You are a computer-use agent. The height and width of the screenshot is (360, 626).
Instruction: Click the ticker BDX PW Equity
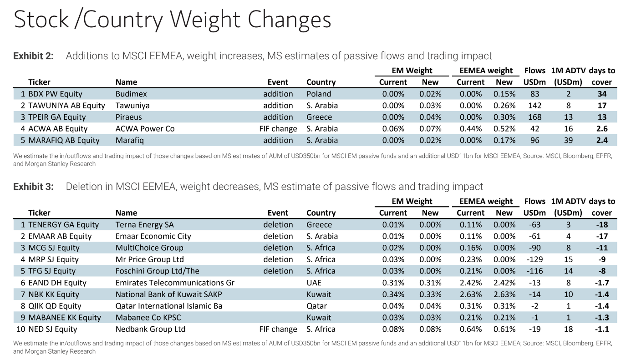(x=55, y=94)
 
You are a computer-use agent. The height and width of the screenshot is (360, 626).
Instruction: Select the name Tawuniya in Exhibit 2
(x=132, y=106)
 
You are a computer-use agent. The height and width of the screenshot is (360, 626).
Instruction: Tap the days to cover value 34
(x=602, y=94)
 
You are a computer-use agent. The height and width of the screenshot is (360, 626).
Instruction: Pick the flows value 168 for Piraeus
(x=534, y=117)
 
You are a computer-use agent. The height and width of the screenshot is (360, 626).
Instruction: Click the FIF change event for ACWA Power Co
(x=278, y=129)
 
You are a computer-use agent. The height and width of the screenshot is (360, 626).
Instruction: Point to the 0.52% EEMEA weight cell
(x=504, y=129)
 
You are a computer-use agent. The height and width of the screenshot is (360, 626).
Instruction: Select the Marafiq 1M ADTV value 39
(x=568, y=140)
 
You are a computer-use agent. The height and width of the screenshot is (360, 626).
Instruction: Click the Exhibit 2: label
(x=33, y=56)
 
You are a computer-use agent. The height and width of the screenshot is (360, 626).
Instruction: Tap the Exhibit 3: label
(x=33, y=187)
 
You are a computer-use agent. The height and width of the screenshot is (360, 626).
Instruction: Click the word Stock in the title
(x=41, y=20)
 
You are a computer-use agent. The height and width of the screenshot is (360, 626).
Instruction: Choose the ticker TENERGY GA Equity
(x=63, y=224)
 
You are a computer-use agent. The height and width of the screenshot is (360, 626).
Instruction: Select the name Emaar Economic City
(x=153, y=236)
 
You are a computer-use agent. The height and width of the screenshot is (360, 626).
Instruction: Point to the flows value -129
(x=534, y=259)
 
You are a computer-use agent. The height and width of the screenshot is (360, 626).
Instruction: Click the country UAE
(x=314, y=283)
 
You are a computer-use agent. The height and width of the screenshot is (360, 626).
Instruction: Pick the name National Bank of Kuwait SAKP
(x=169, y=294)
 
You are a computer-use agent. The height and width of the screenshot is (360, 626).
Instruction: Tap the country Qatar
(x=316, y=306)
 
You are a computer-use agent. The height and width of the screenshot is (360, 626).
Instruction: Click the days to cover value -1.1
(x=602, y=329)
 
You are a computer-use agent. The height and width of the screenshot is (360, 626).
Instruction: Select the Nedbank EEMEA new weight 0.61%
(x=504, y=329)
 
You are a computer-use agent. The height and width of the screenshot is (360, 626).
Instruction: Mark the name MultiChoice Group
(x=149, y=248)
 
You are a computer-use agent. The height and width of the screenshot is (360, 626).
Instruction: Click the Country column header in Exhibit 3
(x=321, y=213)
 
